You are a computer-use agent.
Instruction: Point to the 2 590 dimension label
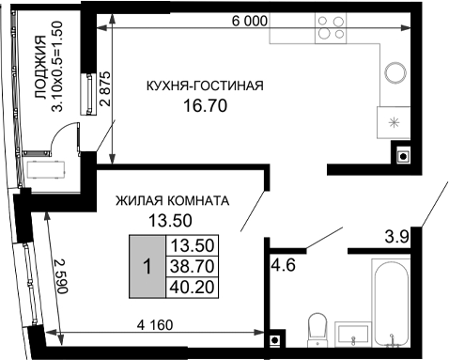[59, 274]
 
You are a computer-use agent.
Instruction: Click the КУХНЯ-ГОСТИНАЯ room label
[205, 86]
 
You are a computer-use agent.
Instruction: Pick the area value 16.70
[206, 106]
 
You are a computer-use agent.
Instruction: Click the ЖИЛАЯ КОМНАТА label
[172, 201]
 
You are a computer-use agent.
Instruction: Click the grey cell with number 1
[146, 266]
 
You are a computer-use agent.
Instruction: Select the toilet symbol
[317, 329]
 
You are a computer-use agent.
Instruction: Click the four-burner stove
[331, 29]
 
